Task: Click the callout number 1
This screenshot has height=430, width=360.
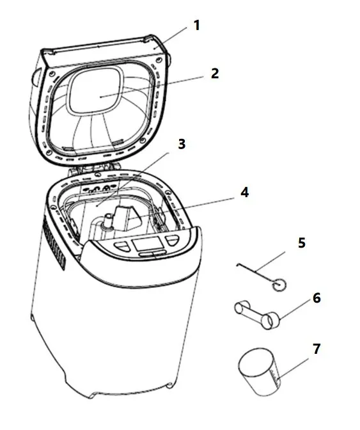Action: coord(197,26)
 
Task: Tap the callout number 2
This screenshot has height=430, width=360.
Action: coord(215,73)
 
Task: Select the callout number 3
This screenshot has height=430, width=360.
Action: coord(182,144)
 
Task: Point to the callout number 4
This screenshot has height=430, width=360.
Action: coord(244,192)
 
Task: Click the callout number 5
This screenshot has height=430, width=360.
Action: coord(301,243)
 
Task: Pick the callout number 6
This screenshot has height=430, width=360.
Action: coord(317,298)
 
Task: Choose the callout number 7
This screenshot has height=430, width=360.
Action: coord(317,349)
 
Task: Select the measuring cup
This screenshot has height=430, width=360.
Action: coord(259,372)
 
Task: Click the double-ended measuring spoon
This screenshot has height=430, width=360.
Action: coord(257,315)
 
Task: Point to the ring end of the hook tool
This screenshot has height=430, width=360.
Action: coord(279,285)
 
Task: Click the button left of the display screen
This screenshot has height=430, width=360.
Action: coord(122,246)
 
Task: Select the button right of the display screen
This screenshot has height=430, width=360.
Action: coord(172,241)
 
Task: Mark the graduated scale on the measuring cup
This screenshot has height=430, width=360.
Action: coord(275,377)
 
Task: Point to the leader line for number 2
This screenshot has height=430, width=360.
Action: coord(152,87)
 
